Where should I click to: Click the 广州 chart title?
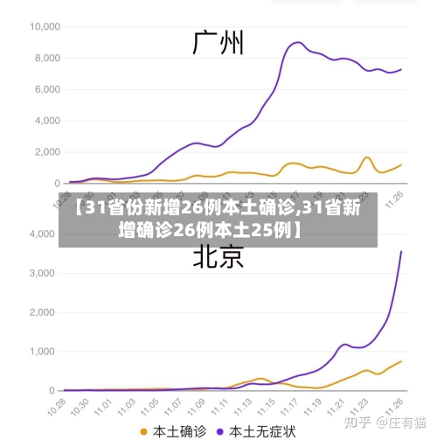(218, 42)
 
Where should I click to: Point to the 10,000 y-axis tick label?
(44, 26)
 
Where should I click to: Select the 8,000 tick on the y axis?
(46, 58)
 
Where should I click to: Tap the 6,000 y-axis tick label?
(46, 89)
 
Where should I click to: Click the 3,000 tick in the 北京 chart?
(42, 273)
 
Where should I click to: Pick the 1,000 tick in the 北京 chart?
(42, 351)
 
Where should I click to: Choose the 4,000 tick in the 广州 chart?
(46, 121)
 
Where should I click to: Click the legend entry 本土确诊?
(175, 430)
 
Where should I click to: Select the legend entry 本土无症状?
(262, 430)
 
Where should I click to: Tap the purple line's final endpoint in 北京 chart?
(401, 252)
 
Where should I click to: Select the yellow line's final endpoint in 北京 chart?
(401, 361)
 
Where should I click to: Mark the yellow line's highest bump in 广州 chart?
(367, 157)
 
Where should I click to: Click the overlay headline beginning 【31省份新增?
(218, 220)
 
